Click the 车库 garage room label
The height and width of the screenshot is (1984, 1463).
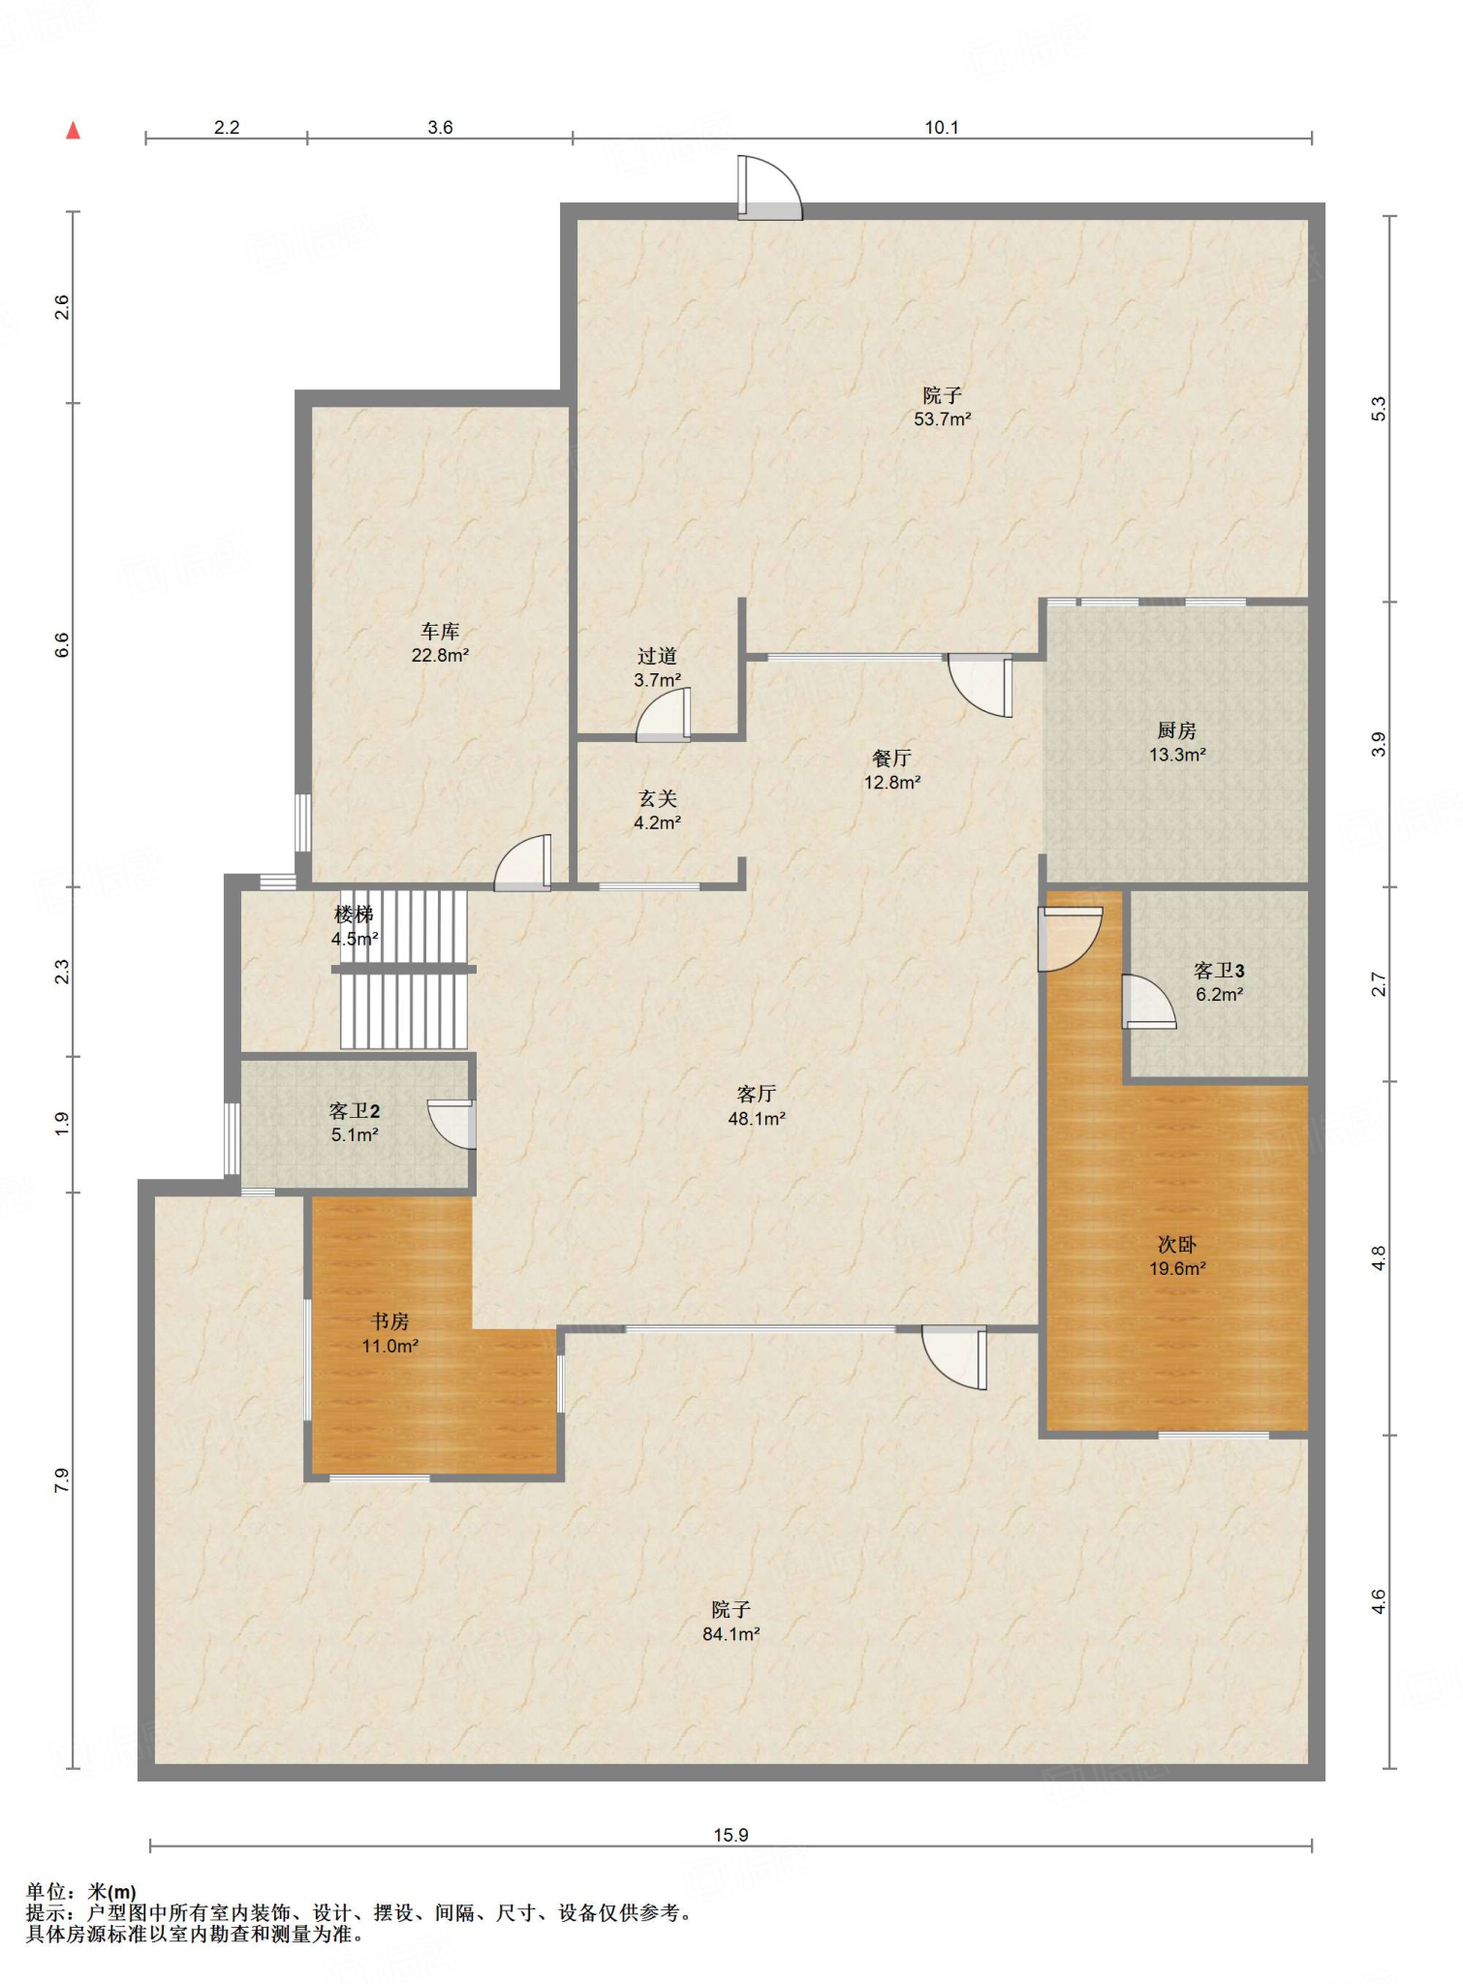(x=440, y=632)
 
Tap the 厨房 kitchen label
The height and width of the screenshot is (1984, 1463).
(x=1176, y=731)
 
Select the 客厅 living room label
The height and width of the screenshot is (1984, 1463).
(x=756, y=1095)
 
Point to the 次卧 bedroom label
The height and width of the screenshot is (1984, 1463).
(x=1177, y=1245)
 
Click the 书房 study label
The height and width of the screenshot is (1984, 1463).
(x=389, y=1321)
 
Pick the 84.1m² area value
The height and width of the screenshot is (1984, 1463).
(x=731, y=1634)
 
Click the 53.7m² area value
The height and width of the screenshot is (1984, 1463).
(x=943, y=419)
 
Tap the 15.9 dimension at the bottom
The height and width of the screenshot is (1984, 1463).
(x=731, y=1835)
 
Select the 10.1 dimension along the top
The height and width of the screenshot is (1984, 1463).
(x=941, y=127)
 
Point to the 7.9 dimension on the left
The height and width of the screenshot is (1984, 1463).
(x=62, y=1480)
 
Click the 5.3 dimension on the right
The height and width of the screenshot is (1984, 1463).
(x=1379, y=409)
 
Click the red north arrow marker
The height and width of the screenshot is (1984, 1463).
(x=73, y=131)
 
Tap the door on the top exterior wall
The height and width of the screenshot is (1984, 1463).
(x=769, y=188)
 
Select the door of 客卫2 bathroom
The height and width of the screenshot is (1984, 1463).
(x=452, y=1124)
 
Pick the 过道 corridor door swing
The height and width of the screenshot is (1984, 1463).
(x=664, y=714)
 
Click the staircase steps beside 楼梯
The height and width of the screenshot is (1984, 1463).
(x=404, y=969)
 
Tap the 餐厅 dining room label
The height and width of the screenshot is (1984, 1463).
(x=891, y=759)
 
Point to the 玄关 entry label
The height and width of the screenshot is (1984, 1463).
(x=657, y=799)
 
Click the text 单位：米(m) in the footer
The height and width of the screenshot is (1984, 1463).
(x=81, y=1892)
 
